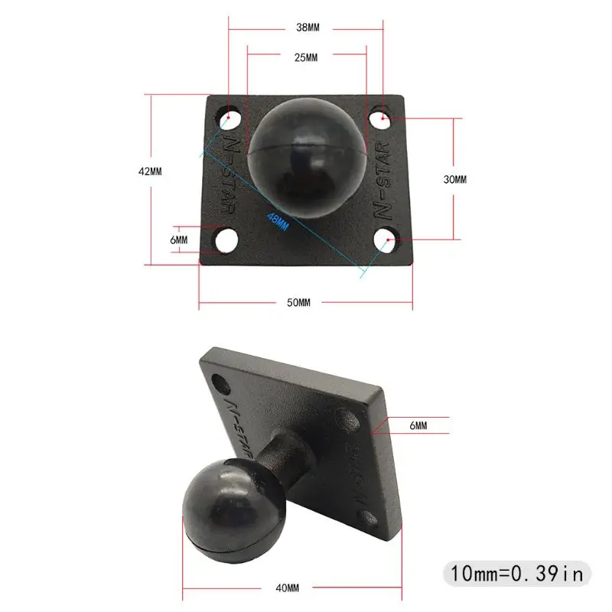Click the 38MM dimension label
click(308, 28)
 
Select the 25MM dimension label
click(306, 58)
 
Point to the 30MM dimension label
click(454, 179)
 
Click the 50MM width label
click(298, 303)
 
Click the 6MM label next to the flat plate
click(178, 239)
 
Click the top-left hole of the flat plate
click(230, 119)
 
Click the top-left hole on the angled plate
click(220, 380)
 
